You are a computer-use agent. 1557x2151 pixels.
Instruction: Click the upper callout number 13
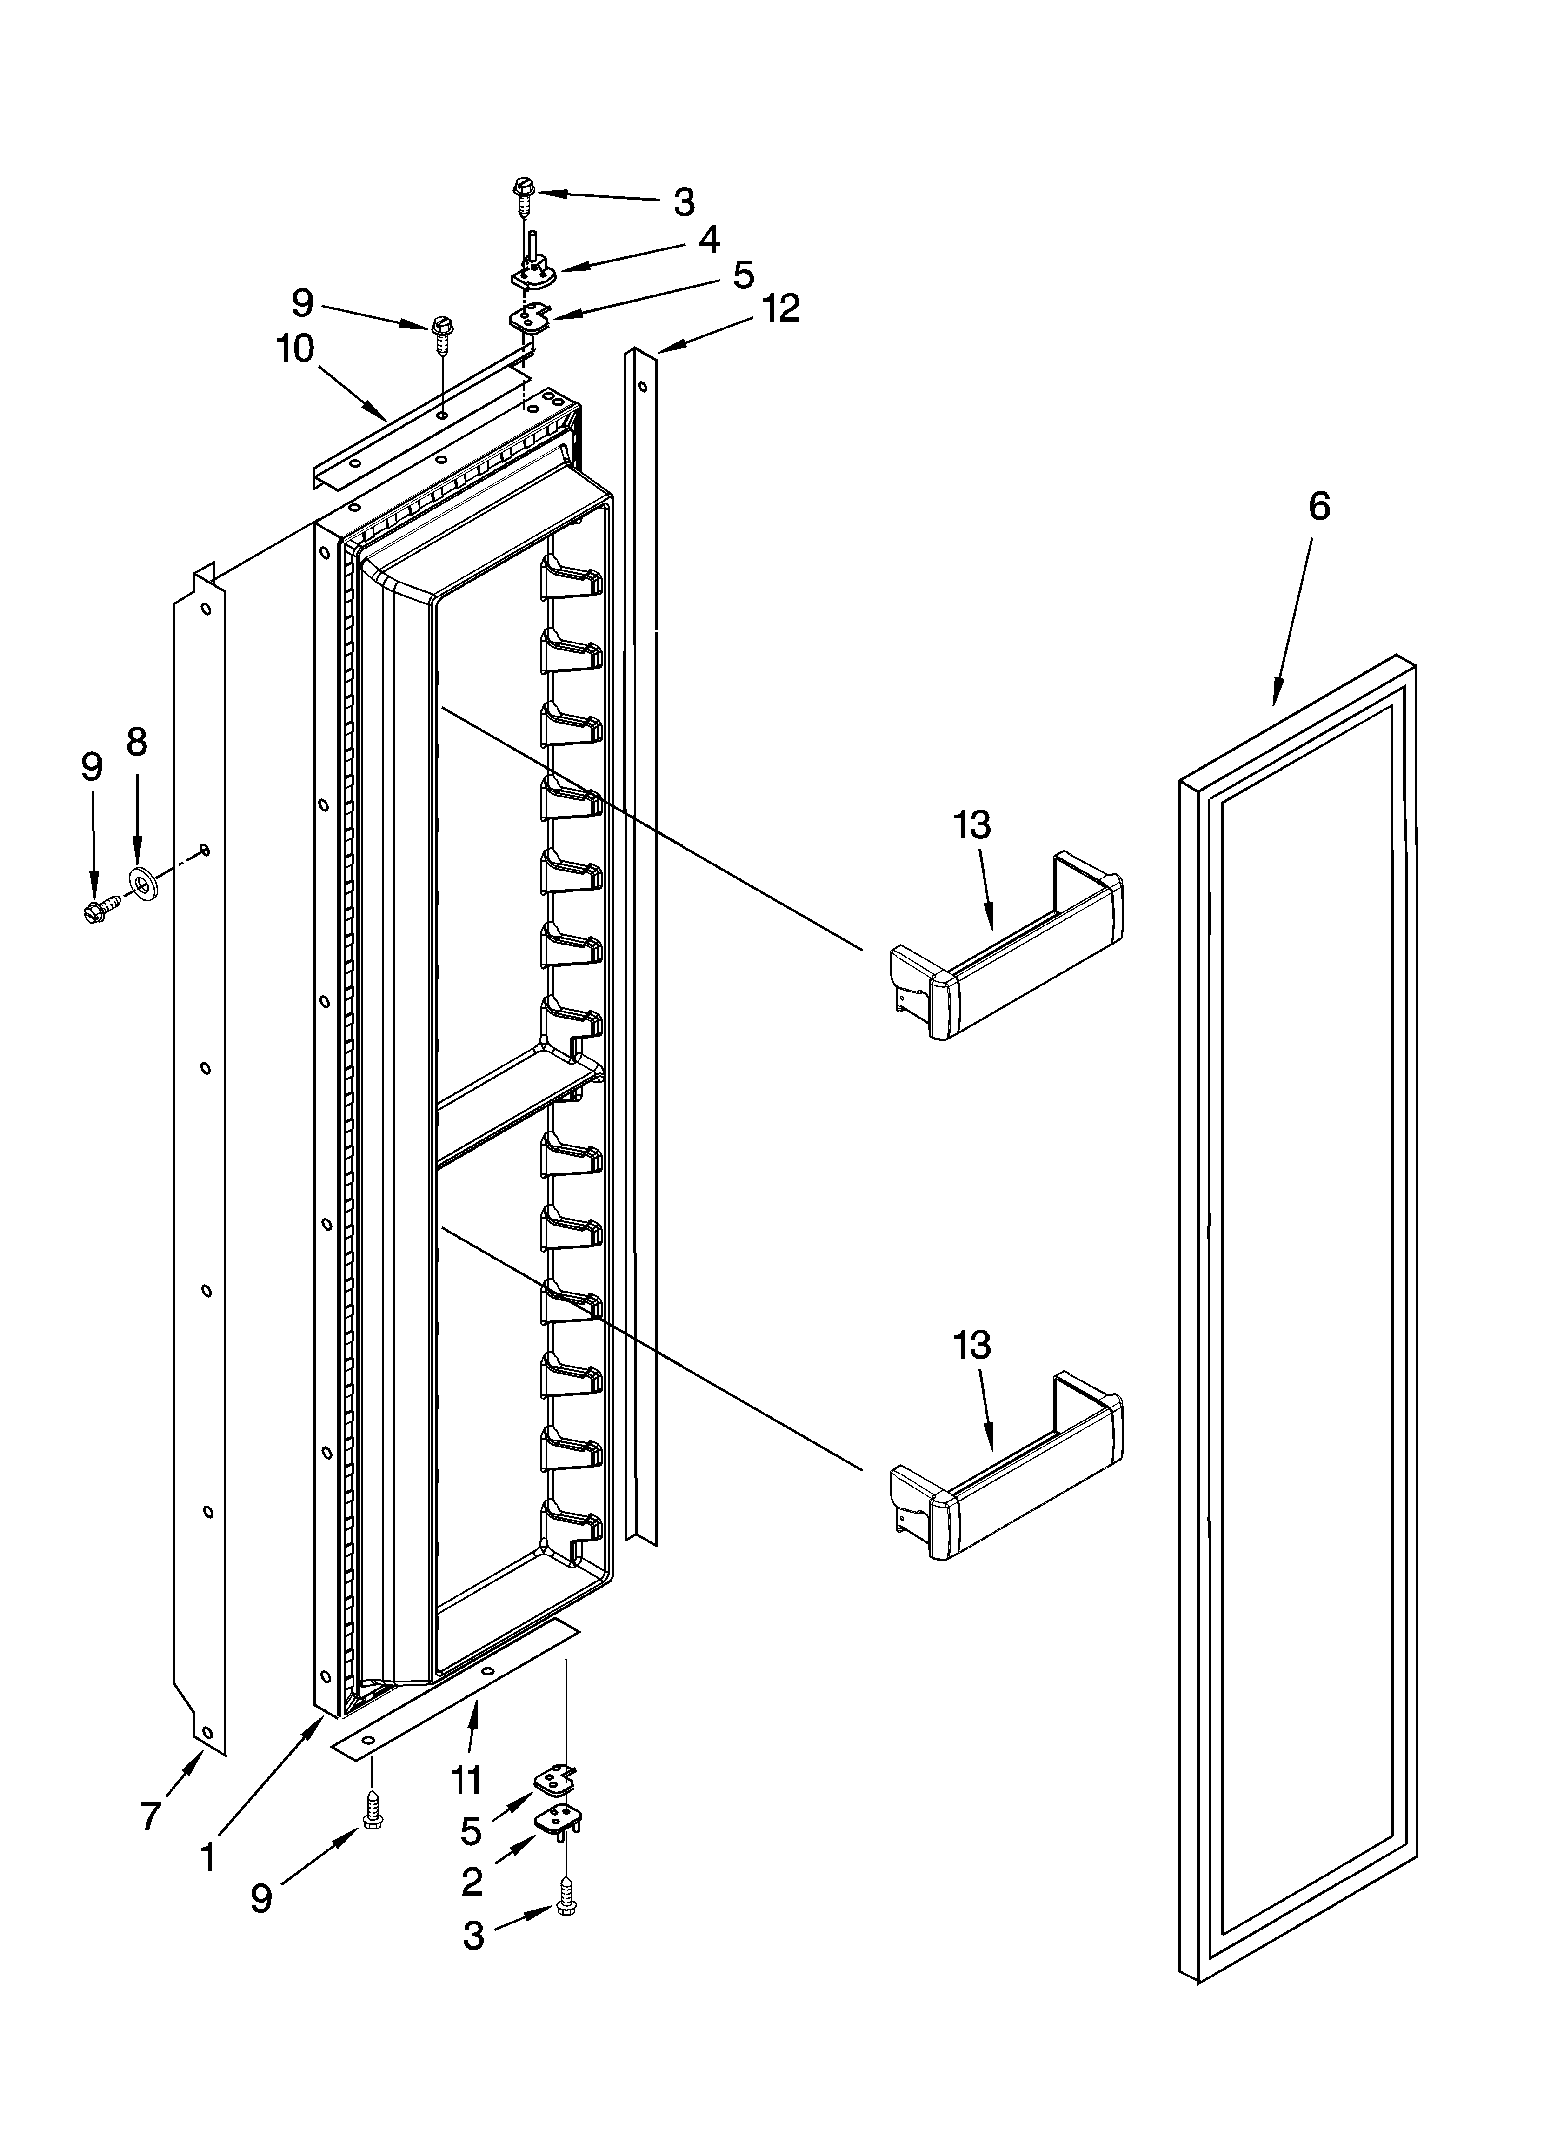[x=972, y=825]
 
